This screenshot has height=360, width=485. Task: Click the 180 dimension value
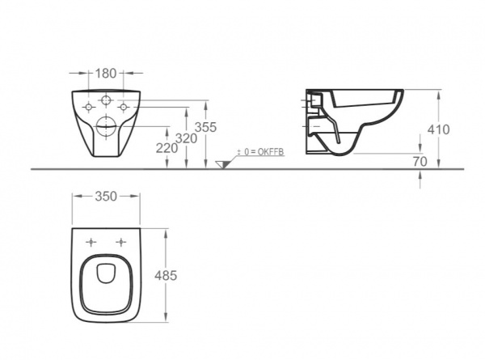[105, 74]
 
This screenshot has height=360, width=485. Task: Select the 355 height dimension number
[205, 127]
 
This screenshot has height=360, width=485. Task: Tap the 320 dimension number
[186, 138]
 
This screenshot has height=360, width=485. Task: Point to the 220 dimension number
[167, 148]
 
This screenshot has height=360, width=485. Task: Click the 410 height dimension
[438, 129]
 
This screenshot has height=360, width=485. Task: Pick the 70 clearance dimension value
[420, 161]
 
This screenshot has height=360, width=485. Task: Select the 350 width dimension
[106, 197]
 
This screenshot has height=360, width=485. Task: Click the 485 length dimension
[166, 276]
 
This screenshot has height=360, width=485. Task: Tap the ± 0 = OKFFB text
[260, 152]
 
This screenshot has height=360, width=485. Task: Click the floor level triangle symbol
[223, 164]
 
